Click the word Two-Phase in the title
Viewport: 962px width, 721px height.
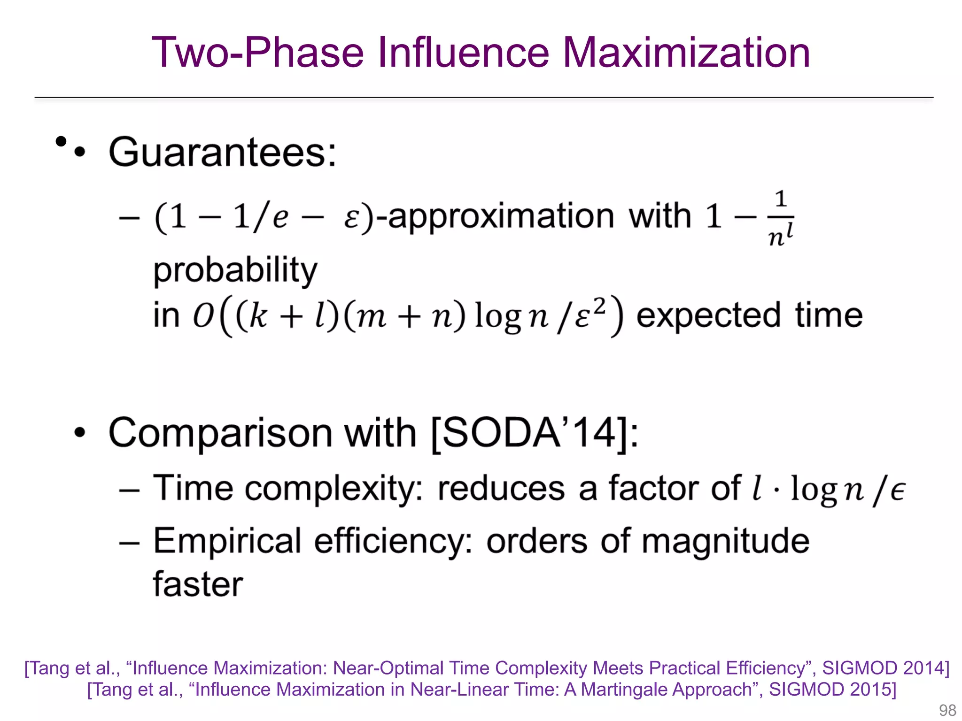click(257, 53)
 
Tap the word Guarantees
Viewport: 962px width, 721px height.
click(222, 153)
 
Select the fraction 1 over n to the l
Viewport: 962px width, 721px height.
click(780, 218)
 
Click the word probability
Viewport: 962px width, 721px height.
click(235, 271)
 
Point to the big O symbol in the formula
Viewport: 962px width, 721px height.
click(203, 315)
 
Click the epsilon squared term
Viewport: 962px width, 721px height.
click(590, 314)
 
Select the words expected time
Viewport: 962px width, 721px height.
click(749, 315)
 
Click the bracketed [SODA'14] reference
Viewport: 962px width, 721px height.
click(534, 433)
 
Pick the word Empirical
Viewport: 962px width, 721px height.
click(227, 541)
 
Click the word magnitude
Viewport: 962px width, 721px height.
click(725, 541)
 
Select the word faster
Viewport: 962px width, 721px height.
click(198, 584)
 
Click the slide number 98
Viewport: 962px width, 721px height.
click(947, 710)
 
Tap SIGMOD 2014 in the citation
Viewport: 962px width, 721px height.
click(885, 668)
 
